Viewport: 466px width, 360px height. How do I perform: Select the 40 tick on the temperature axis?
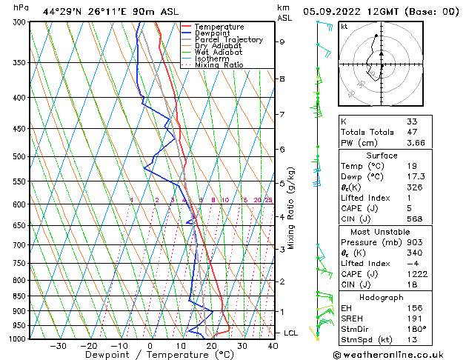point(273,346)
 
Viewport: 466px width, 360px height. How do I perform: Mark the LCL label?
point(290,333)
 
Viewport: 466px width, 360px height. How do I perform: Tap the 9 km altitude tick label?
point(282,42)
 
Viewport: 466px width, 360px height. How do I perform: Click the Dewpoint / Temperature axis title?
point(149,355)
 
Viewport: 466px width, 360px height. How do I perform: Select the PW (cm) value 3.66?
point(415,143)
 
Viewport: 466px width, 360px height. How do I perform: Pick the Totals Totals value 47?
point(411,132)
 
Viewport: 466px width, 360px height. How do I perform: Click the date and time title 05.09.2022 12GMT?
point(354,12)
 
